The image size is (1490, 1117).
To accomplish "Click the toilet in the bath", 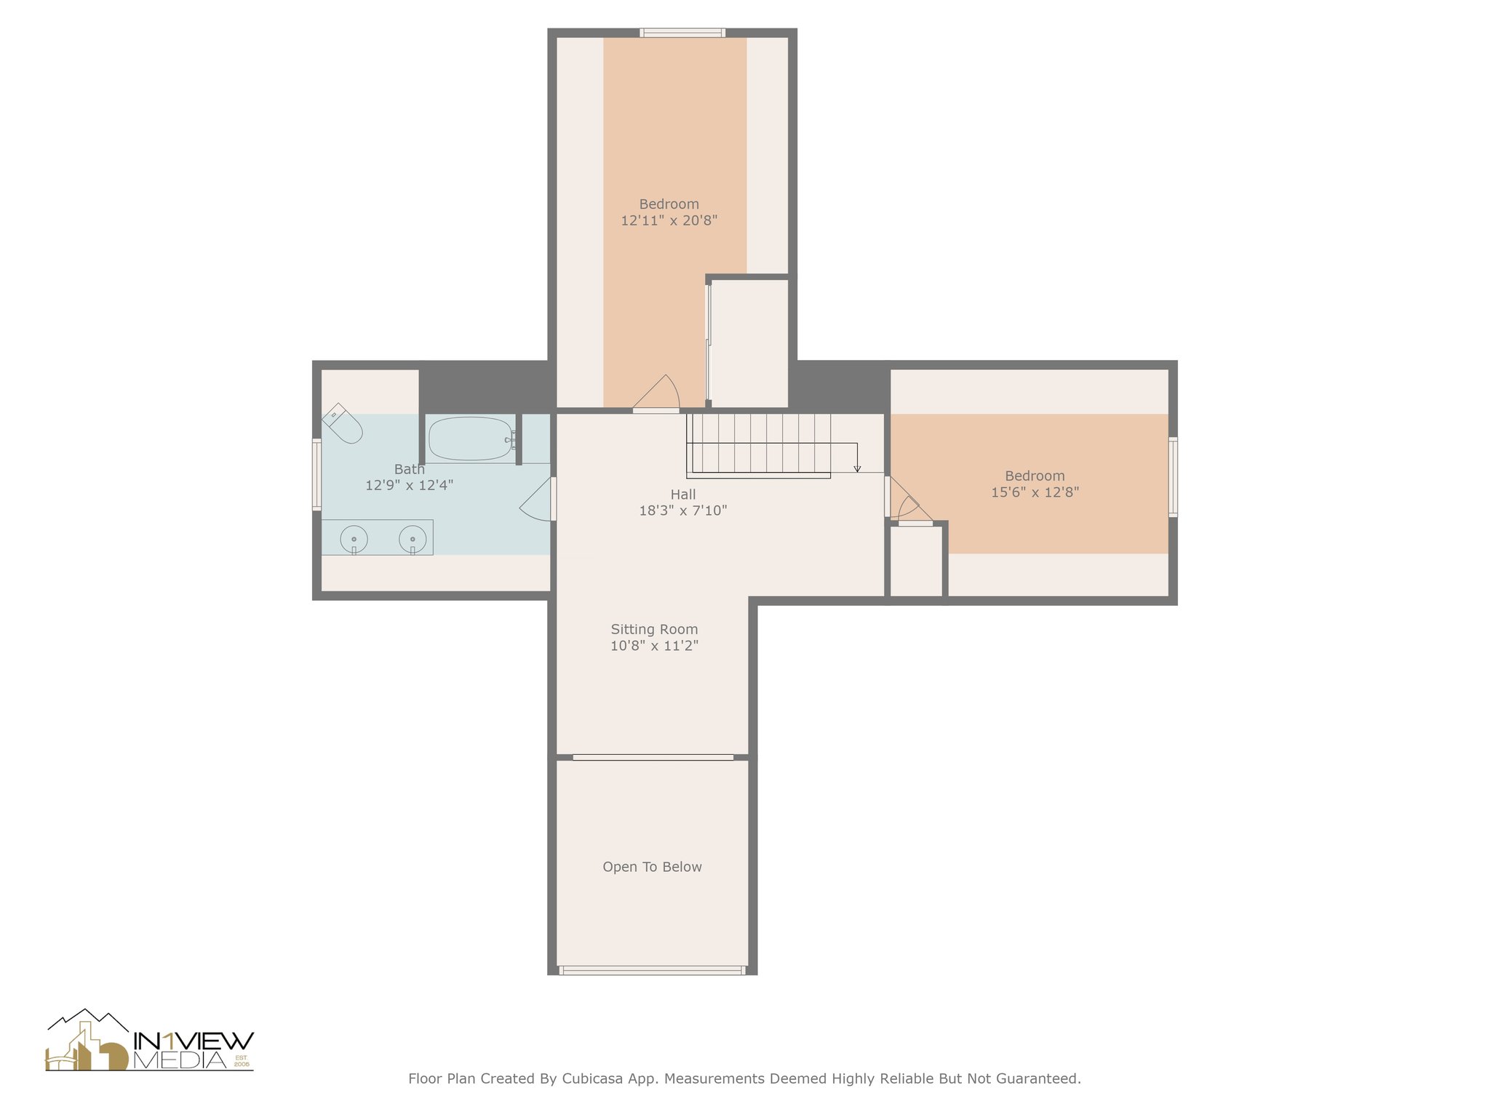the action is click(342, 423).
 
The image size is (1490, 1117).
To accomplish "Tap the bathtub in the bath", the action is click(471, 439).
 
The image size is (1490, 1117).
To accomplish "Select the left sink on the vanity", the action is click(354, 539).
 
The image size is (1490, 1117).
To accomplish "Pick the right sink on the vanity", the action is click(413, 539).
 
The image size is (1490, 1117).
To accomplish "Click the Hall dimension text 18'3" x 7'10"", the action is click(683, 511).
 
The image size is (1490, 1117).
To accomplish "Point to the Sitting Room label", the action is click(654, 630).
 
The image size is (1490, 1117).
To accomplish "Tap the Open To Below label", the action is click(653, 867).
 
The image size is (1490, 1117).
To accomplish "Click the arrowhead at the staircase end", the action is click(858, 468).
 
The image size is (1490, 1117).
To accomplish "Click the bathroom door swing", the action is click(537, 499).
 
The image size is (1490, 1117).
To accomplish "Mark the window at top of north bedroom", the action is click(682, 33).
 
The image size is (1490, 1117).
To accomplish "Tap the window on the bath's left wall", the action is click(316, 474).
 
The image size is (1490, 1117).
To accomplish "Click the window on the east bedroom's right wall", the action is click(1173, 476).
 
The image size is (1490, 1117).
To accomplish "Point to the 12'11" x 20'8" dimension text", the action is click(669, 220).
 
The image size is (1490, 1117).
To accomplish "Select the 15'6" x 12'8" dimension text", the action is click(1035, 492).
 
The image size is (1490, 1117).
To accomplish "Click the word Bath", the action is click(410, 469).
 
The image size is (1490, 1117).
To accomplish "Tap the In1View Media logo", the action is click(149, 1041).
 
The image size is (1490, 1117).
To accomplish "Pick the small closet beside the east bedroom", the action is click(917, 560).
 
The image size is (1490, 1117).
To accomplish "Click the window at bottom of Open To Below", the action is click(653, 970).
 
